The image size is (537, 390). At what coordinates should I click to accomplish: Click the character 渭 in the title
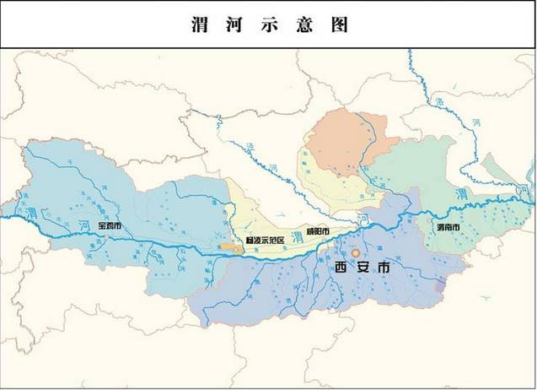(199, 24)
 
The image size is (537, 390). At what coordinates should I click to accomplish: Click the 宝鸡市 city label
(109, 225)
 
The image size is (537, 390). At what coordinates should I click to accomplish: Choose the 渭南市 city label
(448, 229)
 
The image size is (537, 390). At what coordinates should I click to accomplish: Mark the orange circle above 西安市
(356, 252)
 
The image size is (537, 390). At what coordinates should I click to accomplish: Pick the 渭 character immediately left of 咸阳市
(296, 234)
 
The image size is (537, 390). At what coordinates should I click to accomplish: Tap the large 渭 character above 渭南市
(460, 196)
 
